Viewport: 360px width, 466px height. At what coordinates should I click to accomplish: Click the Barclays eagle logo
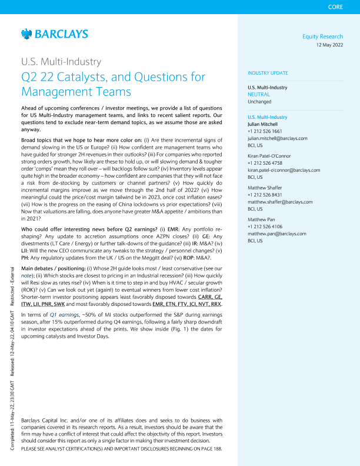coord(26,35)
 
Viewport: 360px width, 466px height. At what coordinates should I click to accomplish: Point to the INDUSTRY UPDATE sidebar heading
coord(268,73)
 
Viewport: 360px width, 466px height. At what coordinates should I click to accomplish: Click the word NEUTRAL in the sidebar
coord(259,94)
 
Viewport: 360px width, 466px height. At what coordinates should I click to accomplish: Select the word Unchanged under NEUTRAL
coord(259,101)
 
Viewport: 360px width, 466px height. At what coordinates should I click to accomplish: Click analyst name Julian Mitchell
coord(266,124)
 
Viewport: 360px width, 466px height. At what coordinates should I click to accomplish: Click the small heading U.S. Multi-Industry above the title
coord(61,61)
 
